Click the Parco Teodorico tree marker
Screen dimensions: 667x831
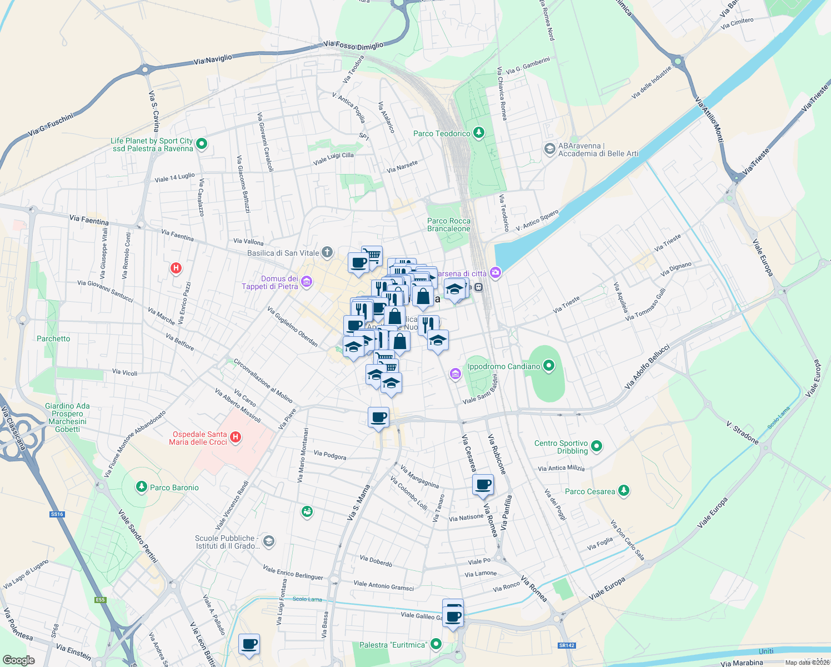coord(478,133)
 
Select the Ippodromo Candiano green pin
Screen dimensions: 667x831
coord(549,366)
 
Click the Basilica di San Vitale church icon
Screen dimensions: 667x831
coord(327,253)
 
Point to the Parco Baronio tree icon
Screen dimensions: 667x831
coord(142,487)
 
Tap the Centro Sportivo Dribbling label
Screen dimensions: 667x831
coord(561,447)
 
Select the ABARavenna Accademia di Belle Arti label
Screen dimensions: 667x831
coord(598,150)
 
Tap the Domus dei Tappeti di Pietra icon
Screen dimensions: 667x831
coord(306,282)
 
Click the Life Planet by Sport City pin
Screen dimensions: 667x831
coord(202,144)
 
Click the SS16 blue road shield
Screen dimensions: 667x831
coord(57,514)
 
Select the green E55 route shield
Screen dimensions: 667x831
coord(100,600)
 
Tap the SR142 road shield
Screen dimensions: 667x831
coord(567,645)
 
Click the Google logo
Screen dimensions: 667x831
coord(19,660)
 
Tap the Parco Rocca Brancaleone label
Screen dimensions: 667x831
coord(449,225)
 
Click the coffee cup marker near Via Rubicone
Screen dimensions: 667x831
coord(483,485)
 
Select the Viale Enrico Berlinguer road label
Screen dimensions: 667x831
coord(293,573)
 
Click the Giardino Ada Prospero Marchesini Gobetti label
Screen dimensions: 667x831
coord(67,417)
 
